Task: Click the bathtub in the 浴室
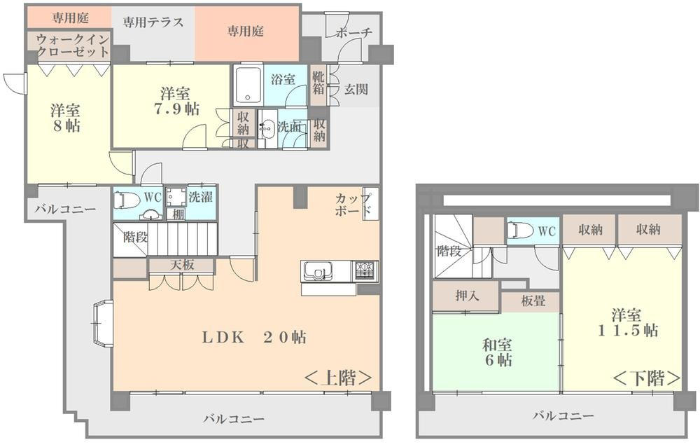pos(247,85)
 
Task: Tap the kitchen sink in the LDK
pos(318,271)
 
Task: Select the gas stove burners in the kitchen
pos(367,271)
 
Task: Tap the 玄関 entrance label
pos(356,90)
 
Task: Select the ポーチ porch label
pos(353,33)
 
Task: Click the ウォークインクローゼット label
pos(73,45)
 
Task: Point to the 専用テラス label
pos(153,22)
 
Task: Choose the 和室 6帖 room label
pos(497,352)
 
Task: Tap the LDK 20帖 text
pos(255,337)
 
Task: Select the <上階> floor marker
pos(338,378)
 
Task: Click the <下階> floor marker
pos(647,378)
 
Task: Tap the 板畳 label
pos(533,301)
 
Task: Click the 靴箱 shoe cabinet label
pos(318,82)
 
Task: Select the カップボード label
pos(353,205)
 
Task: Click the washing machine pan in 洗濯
pos(176,197)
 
